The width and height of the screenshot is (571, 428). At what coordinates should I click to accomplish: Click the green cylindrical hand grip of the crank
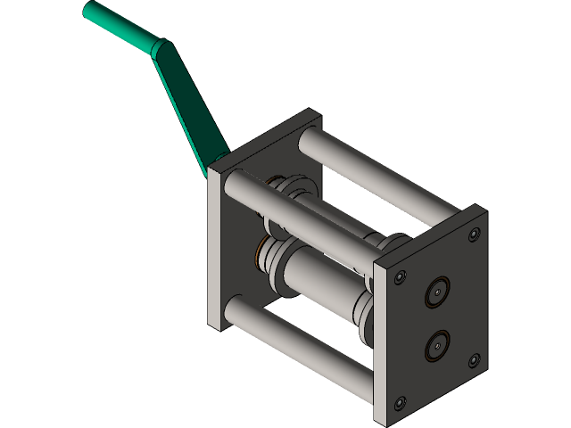(x=120, y=26)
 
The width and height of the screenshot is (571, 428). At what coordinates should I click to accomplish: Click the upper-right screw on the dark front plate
(x=473, y=235)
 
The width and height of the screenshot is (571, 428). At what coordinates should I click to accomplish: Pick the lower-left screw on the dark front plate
(x=399, y=400)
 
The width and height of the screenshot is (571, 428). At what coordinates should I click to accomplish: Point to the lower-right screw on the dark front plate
(x=473, y=360)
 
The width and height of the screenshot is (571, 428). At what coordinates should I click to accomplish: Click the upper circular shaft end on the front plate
(x=437, y=292)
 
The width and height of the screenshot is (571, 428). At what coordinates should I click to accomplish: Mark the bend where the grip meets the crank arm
(x=159, y=48)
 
